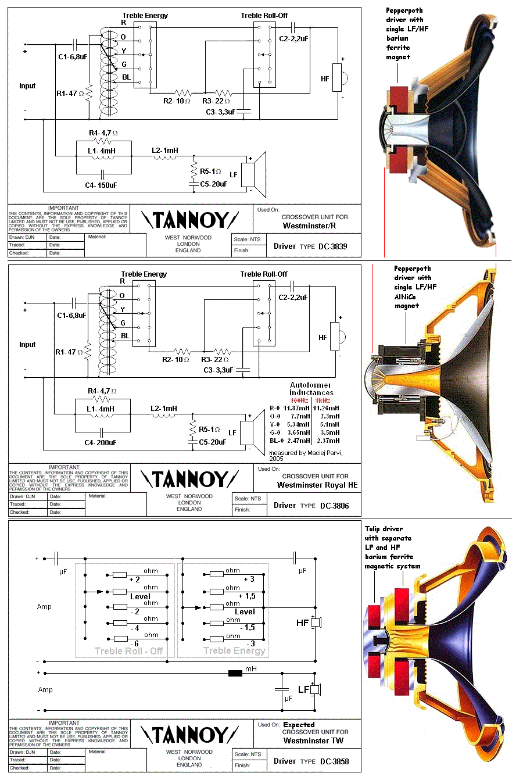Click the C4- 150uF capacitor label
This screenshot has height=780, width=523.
(x=101, y=185)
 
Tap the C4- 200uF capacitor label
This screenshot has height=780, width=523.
(x=101, y=443)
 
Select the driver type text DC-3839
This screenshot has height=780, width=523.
(x=332, y=246)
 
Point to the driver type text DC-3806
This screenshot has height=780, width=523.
(x=334, y=506)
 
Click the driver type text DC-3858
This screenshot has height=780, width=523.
(x=334, y=761)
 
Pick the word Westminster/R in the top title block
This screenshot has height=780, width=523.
(x=309, y=226)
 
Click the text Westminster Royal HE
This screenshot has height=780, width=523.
(x=317, y=485)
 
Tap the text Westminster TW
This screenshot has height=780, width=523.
(x=313, y=740)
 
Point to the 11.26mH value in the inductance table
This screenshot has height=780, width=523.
(x=325, y=408)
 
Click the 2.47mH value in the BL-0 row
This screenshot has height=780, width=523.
(x=298, y=441)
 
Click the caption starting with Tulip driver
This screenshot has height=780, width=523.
(x=392, y=548)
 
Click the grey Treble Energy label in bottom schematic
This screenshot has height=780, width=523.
(x=234, y=651)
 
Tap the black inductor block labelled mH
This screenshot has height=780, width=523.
(x=235, y=674)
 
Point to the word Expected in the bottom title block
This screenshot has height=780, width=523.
(x=299, y=725)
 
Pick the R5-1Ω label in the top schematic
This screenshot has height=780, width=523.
(x=210, y=171)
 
